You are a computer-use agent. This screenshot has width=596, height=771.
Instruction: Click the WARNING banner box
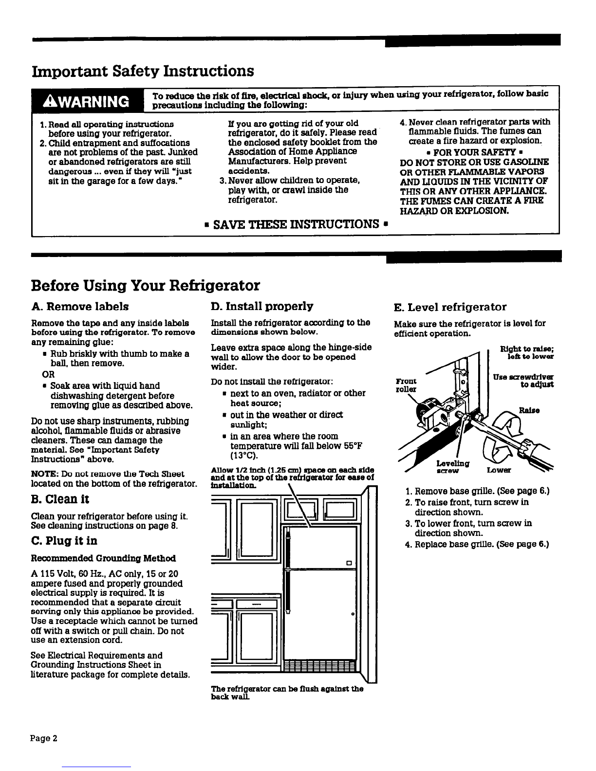88,101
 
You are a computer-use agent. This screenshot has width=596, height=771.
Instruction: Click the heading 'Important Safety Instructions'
143,71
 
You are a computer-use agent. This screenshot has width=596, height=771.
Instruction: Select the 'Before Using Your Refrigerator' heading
145,285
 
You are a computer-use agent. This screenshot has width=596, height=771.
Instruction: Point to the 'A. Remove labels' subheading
80,307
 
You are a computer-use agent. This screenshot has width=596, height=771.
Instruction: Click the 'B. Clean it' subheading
60,499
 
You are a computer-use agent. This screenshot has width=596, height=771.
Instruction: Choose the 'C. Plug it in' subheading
64,541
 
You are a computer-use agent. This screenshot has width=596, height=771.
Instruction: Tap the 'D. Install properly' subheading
262,306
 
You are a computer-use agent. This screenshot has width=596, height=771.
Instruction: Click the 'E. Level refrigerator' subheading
450,307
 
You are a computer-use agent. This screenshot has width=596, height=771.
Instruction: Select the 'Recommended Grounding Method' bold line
103,558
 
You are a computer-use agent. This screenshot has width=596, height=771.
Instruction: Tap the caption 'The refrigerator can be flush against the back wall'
287,693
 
